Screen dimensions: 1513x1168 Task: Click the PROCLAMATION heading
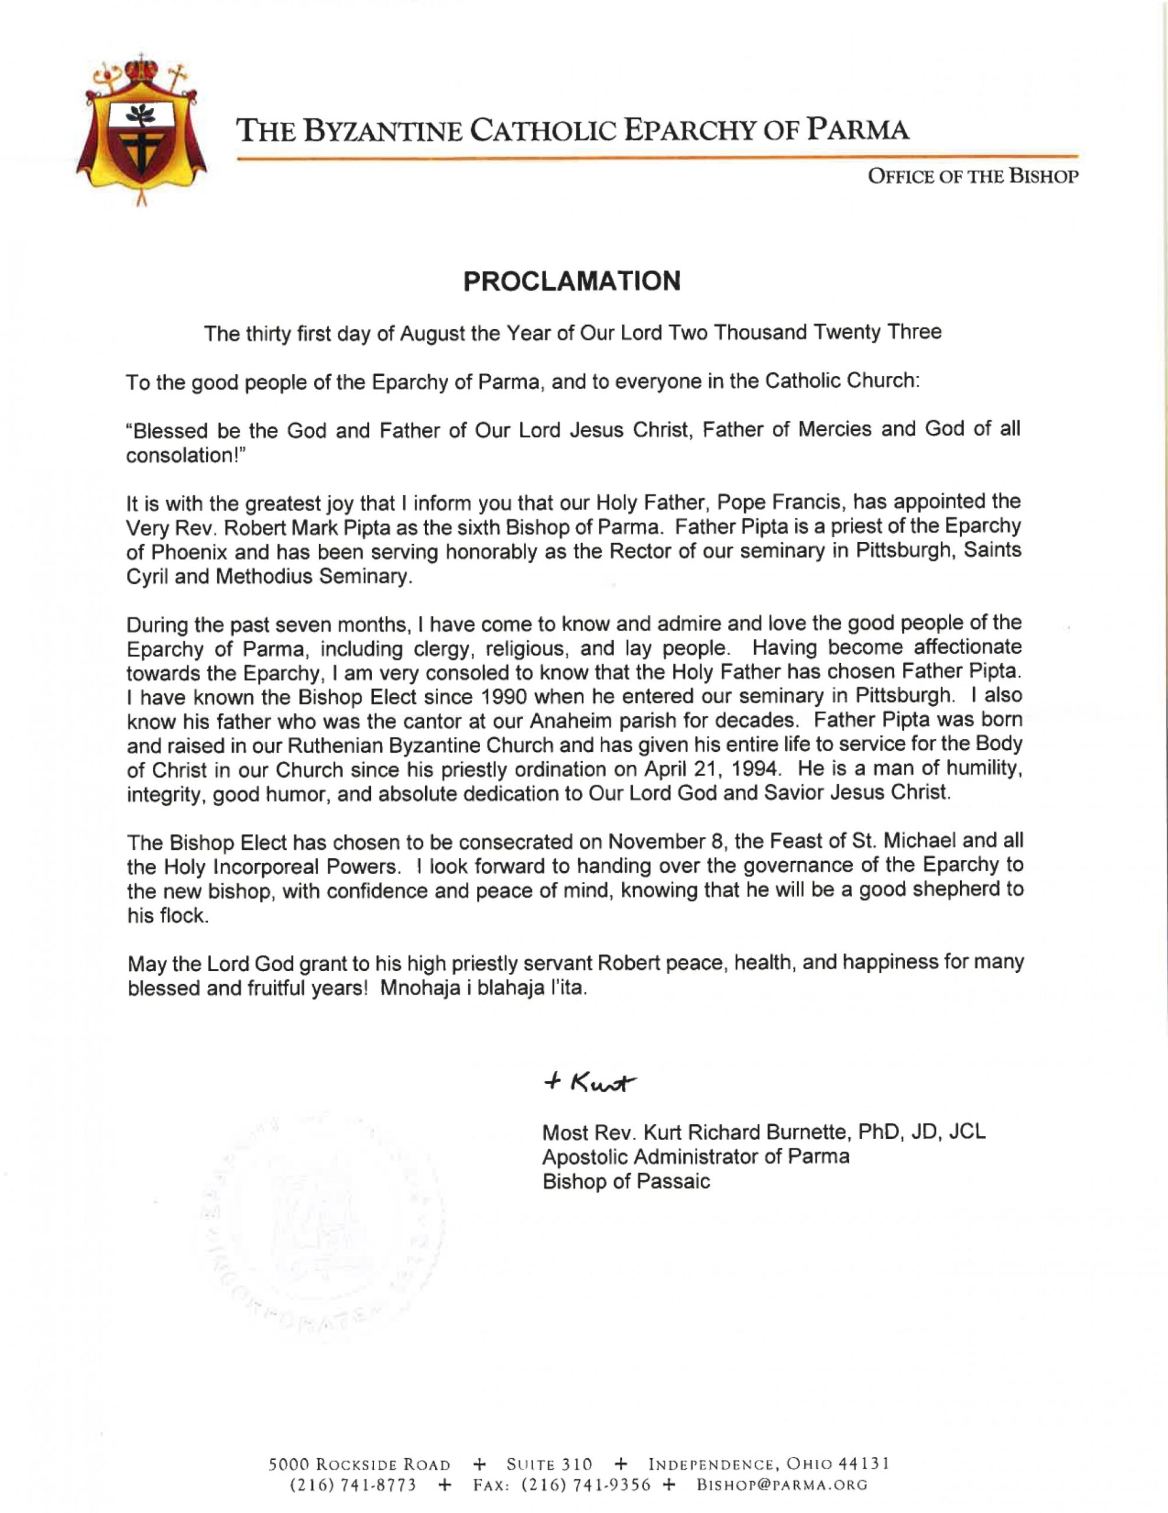tap(572, 281)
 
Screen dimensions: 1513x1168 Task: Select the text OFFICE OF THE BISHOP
tap(973, 177)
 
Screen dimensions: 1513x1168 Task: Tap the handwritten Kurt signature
tap(590, 1083)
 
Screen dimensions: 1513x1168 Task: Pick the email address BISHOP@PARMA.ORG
tap(782, 1485)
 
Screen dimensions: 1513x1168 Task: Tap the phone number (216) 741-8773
tap(353, 1485)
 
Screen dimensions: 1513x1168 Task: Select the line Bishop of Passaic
tap(626, 1181)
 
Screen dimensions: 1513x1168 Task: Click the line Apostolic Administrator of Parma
tap(695, 1156)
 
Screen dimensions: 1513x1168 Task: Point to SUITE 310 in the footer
tap(549, 1464)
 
